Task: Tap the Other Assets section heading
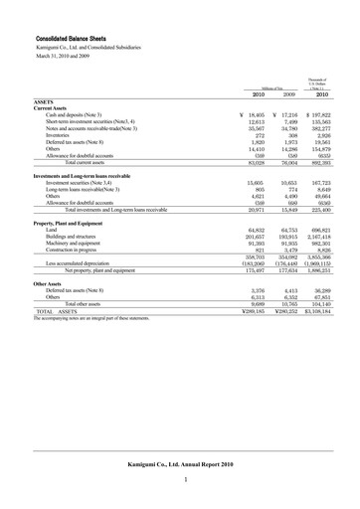point(49,282)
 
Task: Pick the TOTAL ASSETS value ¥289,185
point(256,311)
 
